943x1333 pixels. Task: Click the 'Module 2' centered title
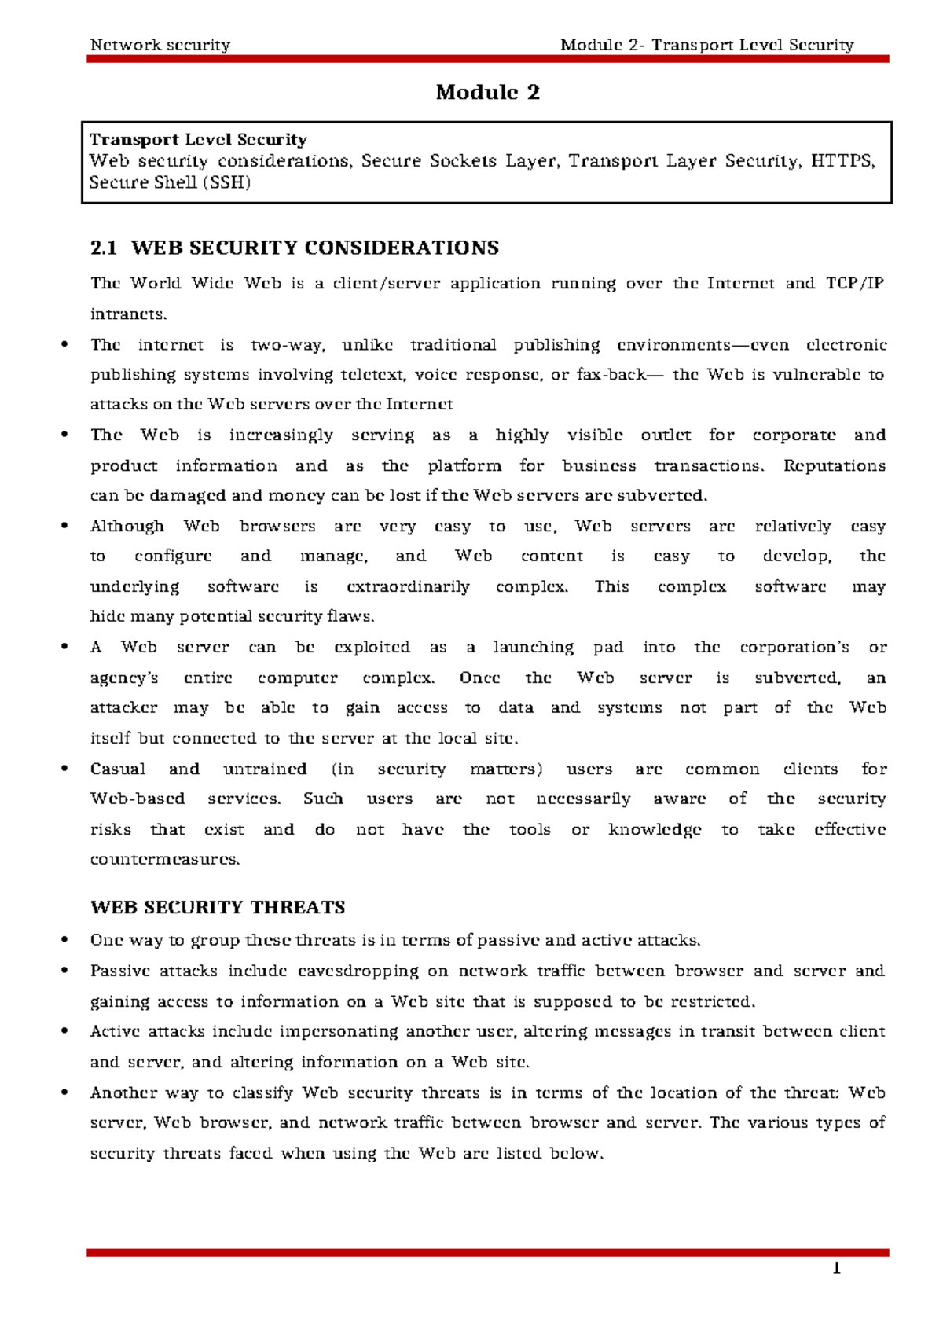pyautogui.click(x=487, y=93)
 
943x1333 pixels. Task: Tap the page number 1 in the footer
pyautogui.click(x=837, y=1269)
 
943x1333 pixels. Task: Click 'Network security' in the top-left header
pyautogui.click(x=160, y=45)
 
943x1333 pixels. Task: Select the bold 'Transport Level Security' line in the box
pyautogui.click(x=198, y=140)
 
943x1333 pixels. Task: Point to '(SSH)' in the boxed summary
pyautogui.click(x=226, y=183)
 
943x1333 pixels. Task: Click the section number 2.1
pyautogui.click(x=103, y=248)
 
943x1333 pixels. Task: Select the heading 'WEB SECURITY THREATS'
pyautogui.click(x=218, y=908)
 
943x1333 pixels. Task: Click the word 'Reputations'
pyautogui.click(x=834, y=466)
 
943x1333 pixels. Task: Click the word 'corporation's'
pyautogui.click(x=794, y=648)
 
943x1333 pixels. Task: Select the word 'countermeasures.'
pyautogui.click(x=165, y=860)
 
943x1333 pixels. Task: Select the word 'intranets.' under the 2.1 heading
pyautogui.click(x=129, y=314)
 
